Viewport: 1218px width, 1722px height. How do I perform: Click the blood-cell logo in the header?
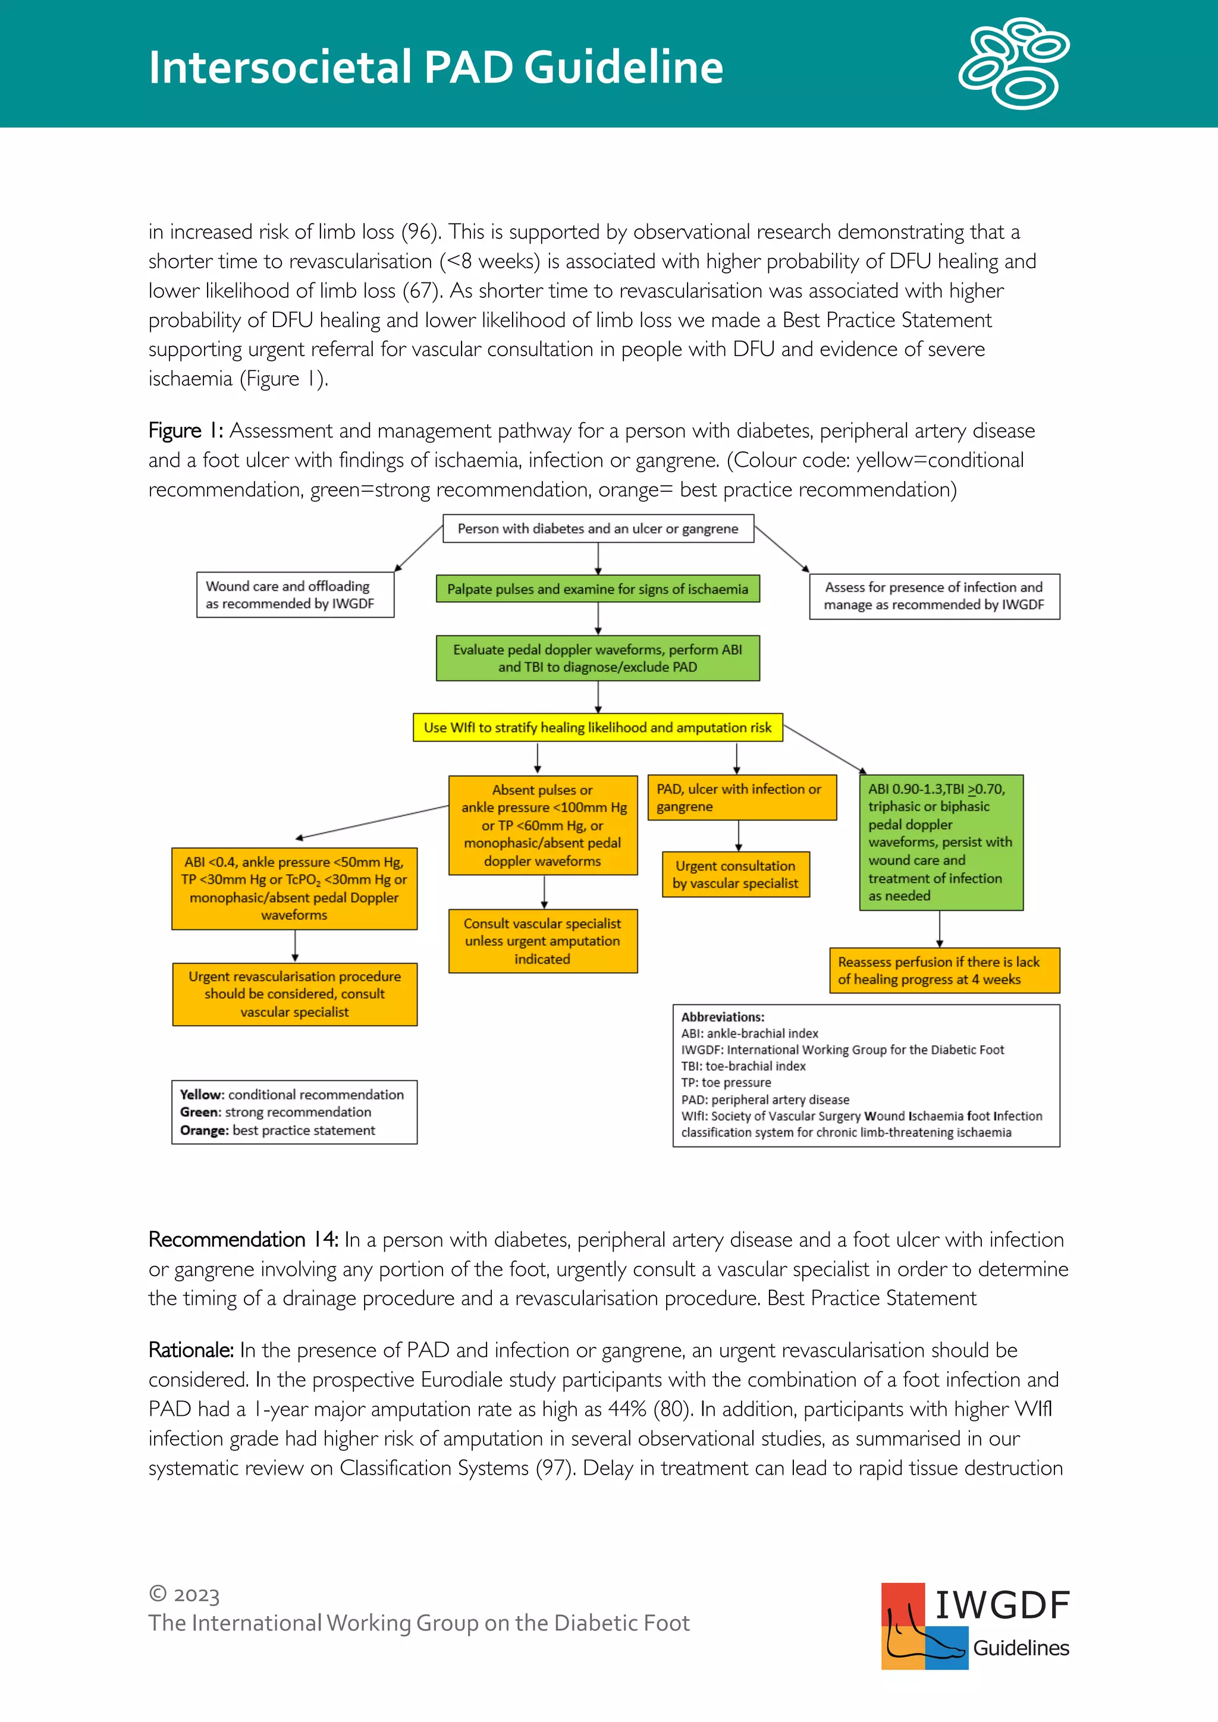point(1014,63)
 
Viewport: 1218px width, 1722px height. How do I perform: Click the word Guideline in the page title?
point(623,68)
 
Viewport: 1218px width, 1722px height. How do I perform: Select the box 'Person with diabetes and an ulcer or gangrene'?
point(598,529)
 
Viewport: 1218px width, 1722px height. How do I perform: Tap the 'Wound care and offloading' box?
point(295,595)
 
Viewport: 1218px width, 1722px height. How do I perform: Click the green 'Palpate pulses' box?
point(598,589)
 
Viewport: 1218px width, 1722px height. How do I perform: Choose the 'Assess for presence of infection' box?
point(934,596)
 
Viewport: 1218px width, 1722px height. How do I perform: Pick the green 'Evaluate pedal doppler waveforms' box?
point(598,658)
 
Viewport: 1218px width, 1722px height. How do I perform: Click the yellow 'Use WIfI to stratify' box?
point(598,727)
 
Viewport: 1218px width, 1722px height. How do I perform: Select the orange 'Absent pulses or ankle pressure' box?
point(542,825)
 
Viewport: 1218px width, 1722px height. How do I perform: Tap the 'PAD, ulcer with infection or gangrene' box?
point(741,798)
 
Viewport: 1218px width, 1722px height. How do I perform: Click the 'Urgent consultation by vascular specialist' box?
point(736,875)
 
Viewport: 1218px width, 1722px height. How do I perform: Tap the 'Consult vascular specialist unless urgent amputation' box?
point(542,941)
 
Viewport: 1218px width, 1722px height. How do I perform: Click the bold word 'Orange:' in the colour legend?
point(204,1130)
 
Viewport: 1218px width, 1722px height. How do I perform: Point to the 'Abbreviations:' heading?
point(722,1017)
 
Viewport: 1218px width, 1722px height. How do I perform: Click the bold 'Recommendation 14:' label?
point(244,1240)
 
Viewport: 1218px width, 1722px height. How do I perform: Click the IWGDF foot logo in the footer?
point(924,1626)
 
